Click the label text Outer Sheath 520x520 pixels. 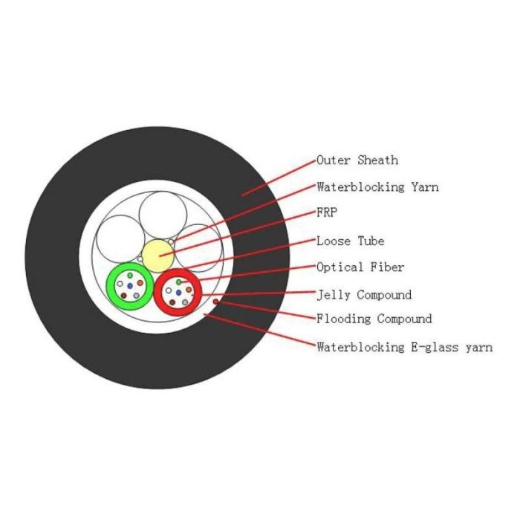[x=357, y=160]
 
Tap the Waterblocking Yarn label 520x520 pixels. [x=377, y=187]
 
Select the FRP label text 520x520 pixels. [x=327, y=212]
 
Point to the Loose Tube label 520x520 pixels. [x=350, y=241]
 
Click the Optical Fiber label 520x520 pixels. [x=360, y=267]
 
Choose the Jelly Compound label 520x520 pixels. [x=364, y=294]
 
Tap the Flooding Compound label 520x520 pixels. [x=374, y=319]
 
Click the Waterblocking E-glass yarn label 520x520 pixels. [x=404, y=347]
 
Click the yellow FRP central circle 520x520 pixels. [x=158, y=256]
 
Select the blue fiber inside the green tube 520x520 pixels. [x=130, y=286]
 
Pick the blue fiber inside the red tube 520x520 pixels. [x=179, y=293]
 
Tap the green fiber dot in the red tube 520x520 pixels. [x=179, y=282]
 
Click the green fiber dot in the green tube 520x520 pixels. [x=130, y=276]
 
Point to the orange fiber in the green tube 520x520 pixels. [x=140, y=283]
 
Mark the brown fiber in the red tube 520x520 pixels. [x=172, y=302]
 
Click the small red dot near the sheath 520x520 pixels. [x=215, y=302]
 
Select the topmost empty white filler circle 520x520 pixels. [x=163, y=215]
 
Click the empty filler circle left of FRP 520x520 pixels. [x=120, y=239]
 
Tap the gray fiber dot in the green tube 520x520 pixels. [x=136, y=296]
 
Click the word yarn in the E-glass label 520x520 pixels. [x=479, y=348]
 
